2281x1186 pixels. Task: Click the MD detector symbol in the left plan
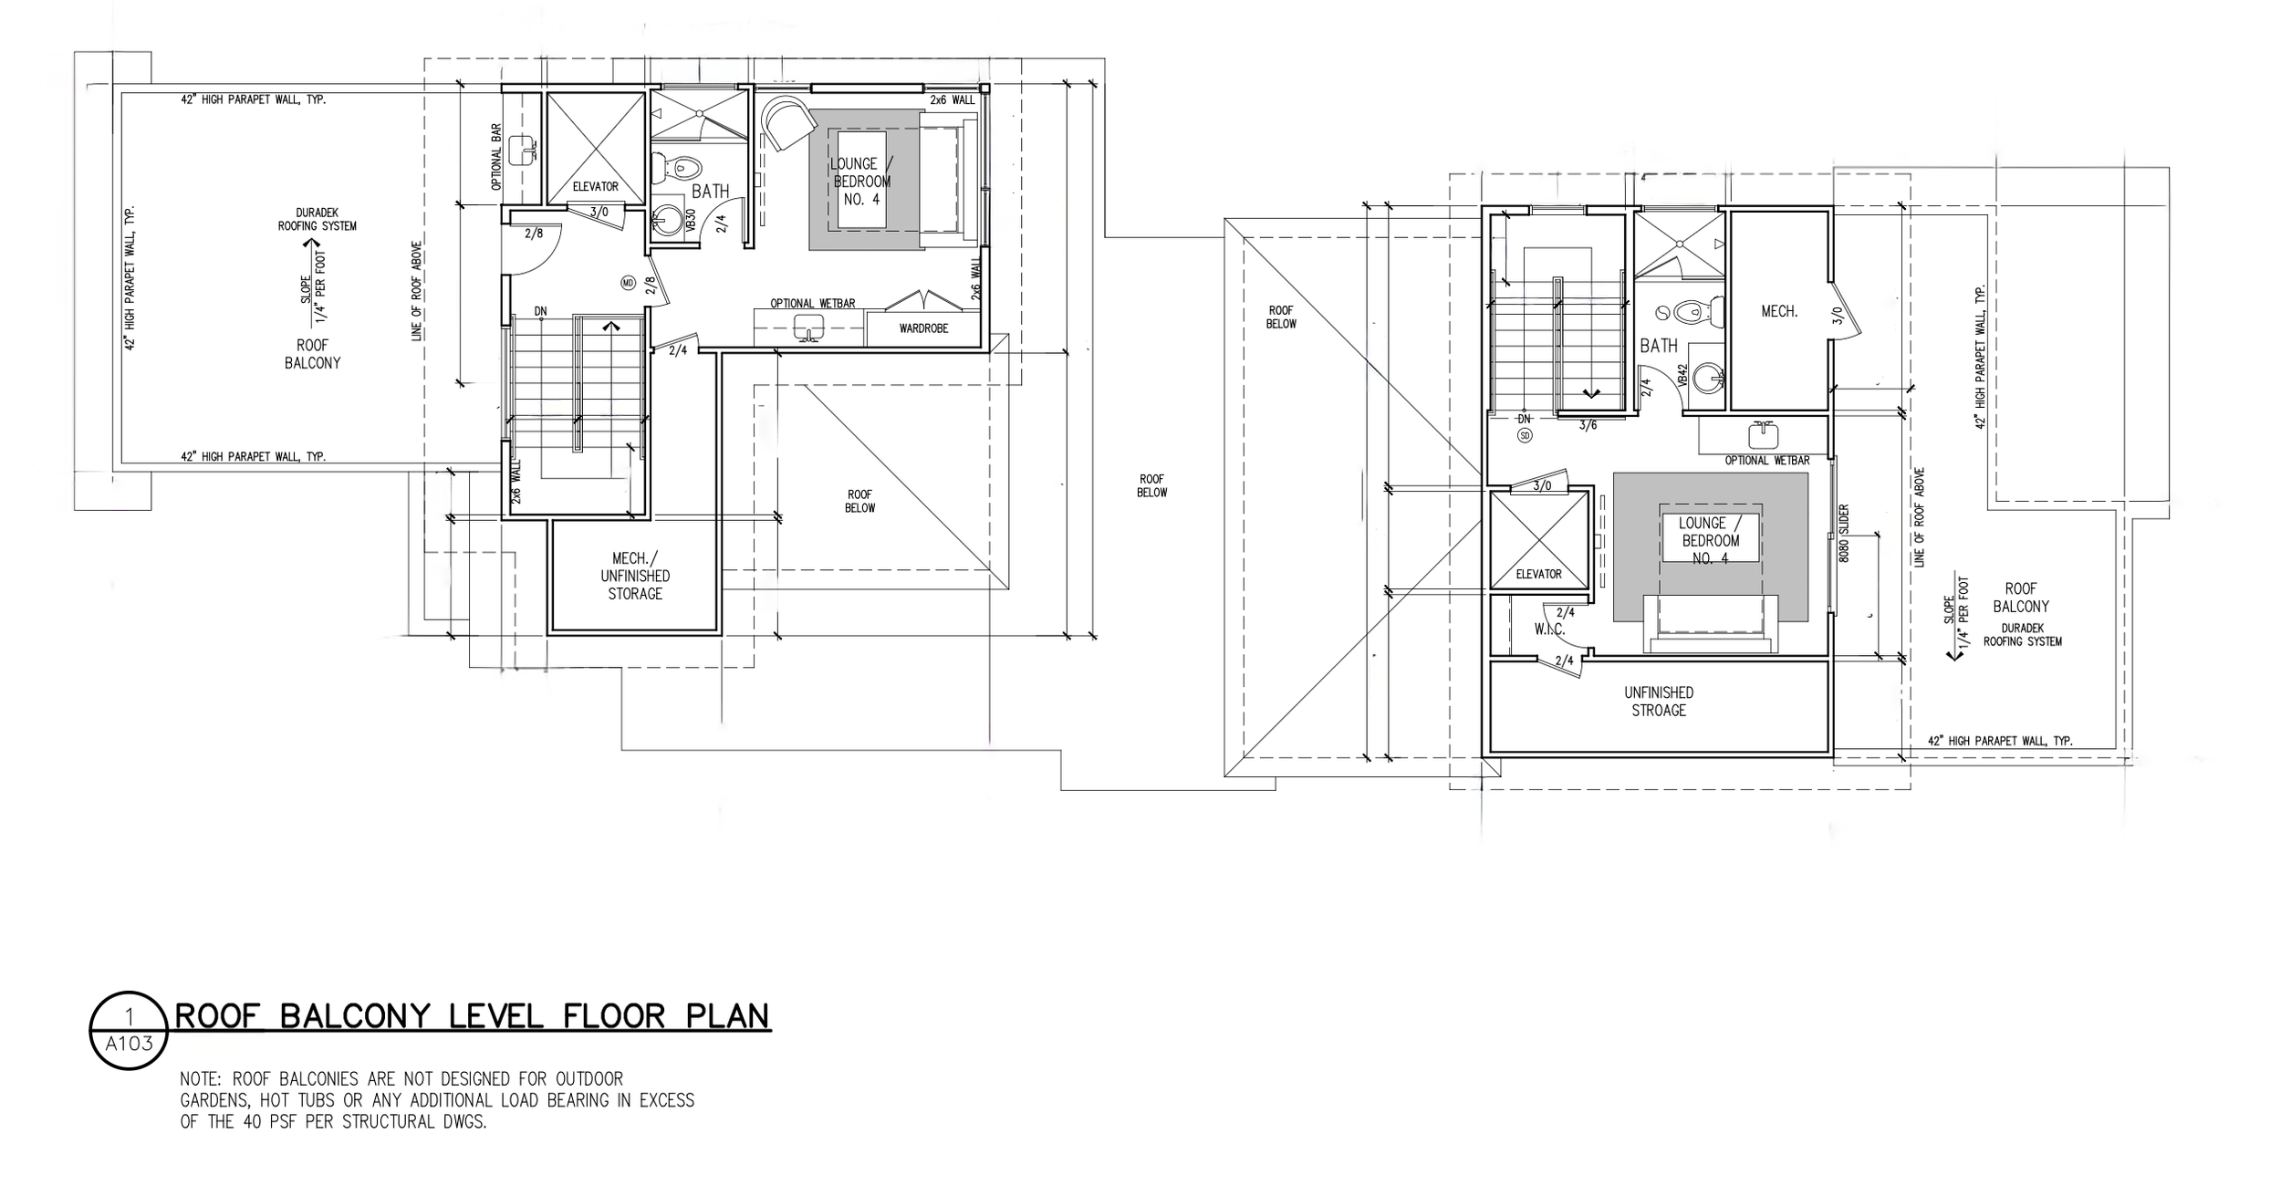[628, 283]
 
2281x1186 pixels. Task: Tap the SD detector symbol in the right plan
[1525, 436]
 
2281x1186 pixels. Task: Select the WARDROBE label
[923, 328]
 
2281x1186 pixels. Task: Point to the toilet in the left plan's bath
[682, 168]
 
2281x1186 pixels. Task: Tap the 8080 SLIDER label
[1843, 533]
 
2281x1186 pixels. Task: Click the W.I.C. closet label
[1549, 629]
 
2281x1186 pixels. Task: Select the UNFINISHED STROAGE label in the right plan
[1659, 702]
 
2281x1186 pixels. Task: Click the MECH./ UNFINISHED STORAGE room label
[635, 576]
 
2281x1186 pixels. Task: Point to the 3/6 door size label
[1588, 425]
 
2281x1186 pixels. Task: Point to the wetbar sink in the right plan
[1762, 436]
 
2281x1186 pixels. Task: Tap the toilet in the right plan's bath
[1699, 312]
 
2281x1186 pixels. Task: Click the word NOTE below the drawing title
[202, 1079]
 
